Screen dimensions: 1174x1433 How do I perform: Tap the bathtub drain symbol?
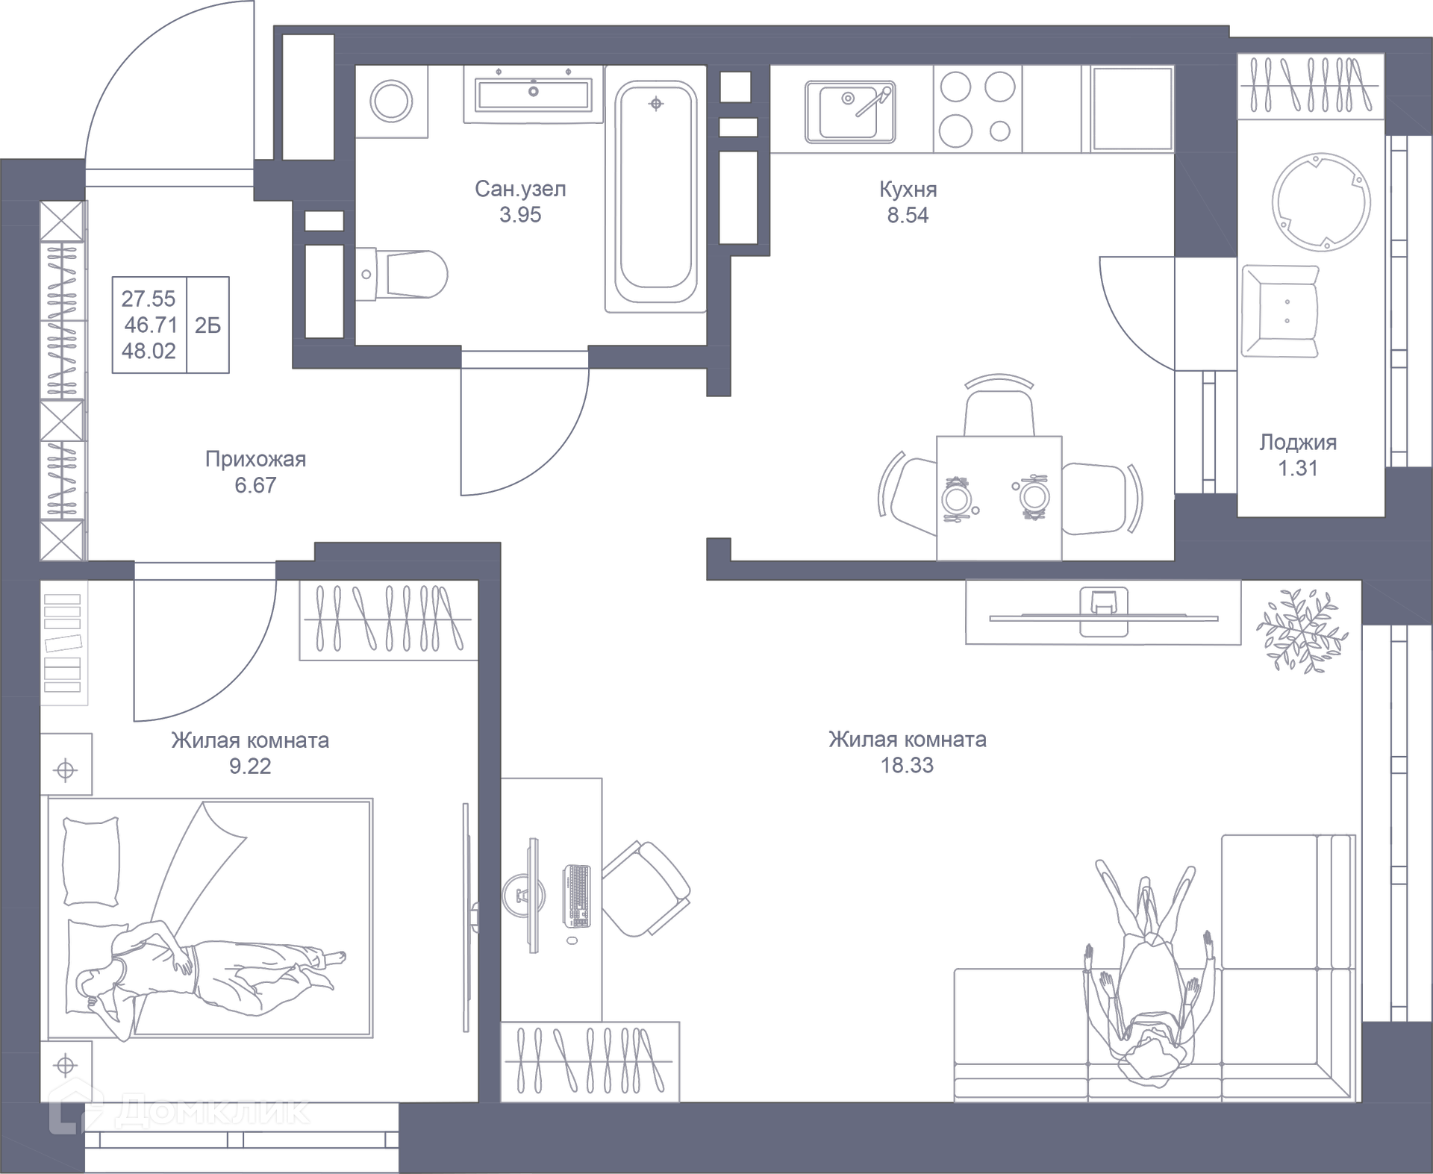click(656, 104)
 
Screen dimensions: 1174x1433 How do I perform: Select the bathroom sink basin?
click(533, 94)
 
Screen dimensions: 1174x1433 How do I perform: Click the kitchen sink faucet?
click(874, 102)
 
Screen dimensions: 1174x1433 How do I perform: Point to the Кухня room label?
click(908, 190)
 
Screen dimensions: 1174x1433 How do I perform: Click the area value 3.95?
click(520, 215)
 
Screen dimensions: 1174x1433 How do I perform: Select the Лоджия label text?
click(1298, 443)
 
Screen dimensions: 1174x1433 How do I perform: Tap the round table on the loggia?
click(1321, 202)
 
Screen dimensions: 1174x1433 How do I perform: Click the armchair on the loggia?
click(1280, 311)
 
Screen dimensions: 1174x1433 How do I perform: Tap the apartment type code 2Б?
click(207, 325)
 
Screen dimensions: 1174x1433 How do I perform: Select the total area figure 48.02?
click(149, 351)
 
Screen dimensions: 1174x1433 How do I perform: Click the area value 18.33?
click(907, 766)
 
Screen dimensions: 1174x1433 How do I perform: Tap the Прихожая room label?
click(255, 459)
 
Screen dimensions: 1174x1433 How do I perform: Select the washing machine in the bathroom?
click(391, 101)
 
